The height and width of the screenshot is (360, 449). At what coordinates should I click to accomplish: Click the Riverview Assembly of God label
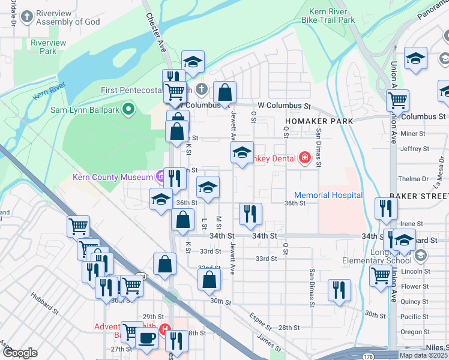68,17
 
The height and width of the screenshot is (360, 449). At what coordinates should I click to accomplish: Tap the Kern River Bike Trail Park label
332,16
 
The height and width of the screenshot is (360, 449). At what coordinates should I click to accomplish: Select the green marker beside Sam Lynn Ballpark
127,109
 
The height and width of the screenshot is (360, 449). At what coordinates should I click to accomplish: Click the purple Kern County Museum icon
160,177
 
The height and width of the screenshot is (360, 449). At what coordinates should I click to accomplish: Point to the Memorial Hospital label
328,195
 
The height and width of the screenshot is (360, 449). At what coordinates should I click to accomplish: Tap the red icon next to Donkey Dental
305,158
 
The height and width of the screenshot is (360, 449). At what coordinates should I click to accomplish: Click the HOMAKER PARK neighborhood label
319,121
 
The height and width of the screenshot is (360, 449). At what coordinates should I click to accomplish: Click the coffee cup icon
146,338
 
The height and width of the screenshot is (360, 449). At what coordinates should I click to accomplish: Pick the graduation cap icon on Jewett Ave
242,152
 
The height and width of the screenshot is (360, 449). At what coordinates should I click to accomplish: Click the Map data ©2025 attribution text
423,355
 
